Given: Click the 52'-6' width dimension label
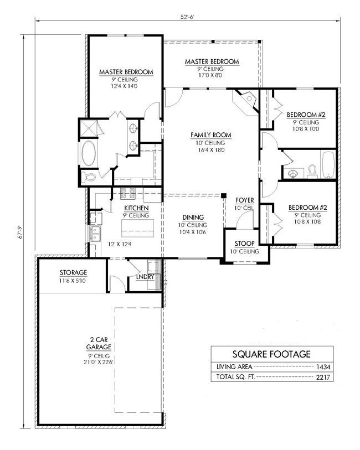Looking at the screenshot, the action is point(187,17).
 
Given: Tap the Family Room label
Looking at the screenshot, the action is point(211,135).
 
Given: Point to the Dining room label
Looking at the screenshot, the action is point(193,218).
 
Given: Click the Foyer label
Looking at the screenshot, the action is point(245,200).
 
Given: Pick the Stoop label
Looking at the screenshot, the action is point(245,244).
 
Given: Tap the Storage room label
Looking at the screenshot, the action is point(73,273).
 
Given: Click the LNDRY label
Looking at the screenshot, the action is point(145,277).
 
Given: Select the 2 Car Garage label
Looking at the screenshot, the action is point(99,343).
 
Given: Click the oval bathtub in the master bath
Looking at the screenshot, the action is point(89,153).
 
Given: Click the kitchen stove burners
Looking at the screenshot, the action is point(128,193).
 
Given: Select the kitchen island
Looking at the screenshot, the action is point(137,228).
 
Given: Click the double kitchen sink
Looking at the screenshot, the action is point(95,234).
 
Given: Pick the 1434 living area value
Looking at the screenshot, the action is point(323,367).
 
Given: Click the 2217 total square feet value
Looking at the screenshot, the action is point(323,377).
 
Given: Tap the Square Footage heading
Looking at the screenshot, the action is point(271,354).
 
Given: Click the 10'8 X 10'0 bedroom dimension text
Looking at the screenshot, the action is point(306,129).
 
